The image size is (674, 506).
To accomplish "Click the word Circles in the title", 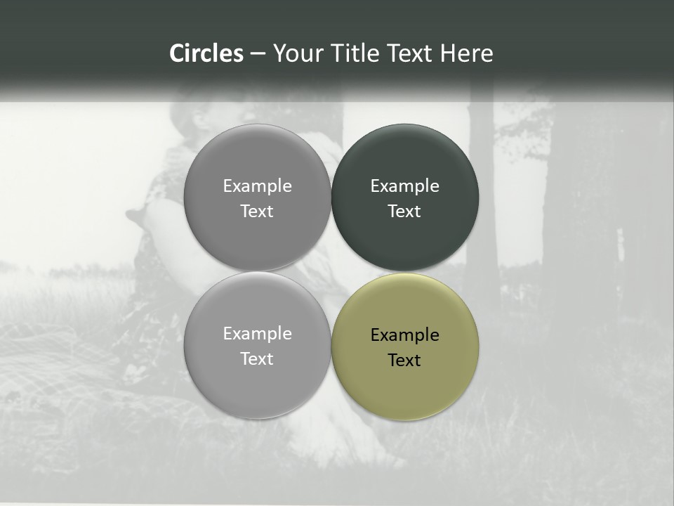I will point(206,53).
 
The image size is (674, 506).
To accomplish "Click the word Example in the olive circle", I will point(405,335).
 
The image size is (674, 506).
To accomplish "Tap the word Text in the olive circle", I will point(404,361).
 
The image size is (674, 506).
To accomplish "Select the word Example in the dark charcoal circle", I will point(405,186).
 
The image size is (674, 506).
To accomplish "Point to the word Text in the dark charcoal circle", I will point(404,212).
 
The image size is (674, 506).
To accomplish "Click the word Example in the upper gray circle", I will point(257,186).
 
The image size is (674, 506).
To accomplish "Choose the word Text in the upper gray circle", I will point(257,212).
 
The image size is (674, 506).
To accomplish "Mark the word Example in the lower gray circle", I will point(257,334).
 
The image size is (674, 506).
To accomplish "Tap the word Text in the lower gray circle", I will point(257,359).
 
